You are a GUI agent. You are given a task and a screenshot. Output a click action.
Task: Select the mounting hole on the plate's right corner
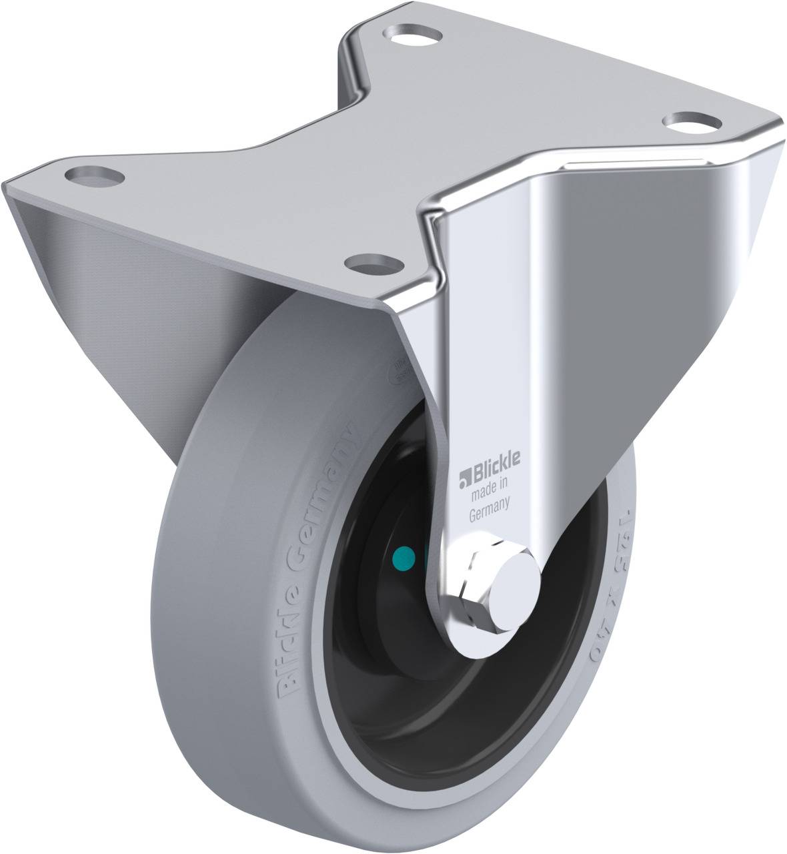pos(692,122)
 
